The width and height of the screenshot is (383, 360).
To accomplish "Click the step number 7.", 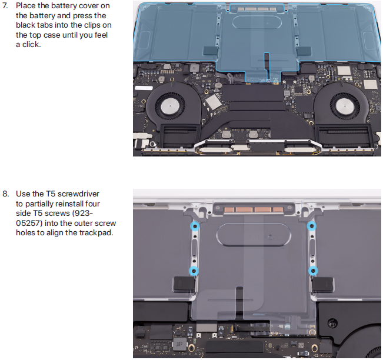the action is pos(5,6).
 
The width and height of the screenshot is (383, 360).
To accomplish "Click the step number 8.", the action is pos(5,194).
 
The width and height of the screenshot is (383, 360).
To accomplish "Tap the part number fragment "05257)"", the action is pos(29,223).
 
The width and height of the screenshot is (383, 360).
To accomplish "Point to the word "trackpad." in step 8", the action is pos(96,233).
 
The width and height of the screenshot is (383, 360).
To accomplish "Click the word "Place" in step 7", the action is pos(26,6).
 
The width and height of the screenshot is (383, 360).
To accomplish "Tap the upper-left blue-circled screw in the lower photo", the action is pos(195,226).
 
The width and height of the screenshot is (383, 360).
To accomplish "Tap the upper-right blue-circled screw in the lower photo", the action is pos(311,226).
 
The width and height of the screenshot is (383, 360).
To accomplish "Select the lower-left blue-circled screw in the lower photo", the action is pos(194,271).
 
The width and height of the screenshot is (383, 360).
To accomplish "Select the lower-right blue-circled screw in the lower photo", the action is pos(312,271).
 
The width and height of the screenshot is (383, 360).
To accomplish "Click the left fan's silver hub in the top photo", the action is pos(170,105).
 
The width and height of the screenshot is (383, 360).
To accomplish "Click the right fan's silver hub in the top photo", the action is pos(344,105).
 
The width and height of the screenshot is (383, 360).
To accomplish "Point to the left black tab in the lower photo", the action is pos(184,284).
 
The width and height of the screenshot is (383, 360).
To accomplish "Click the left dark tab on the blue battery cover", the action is pos(210,51).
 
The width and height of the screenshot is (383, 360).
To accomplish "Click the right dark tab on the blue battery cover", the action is pos(304,51).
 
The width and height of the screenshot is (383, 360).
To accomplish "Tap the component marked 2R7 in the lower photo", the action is pos(179,344).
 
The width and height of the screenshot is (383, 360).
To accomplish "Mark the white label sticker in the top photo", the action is pos(144,88).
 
